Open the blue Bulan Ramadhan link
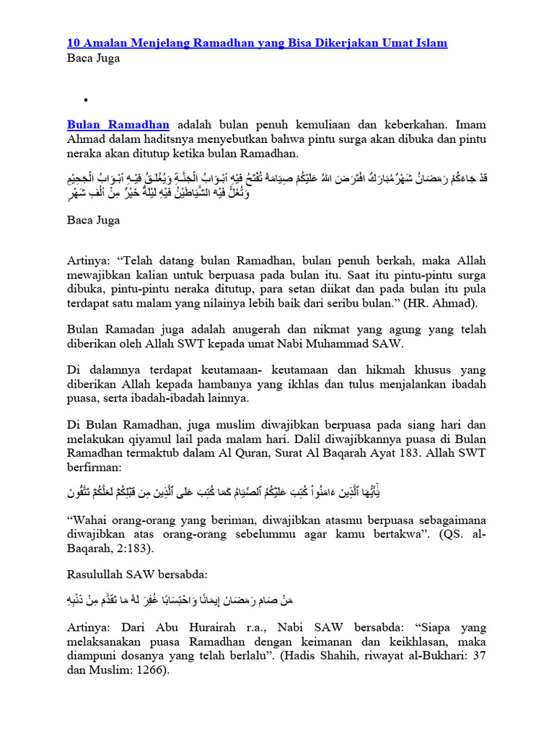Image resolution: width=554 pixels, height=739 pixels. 119,123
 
